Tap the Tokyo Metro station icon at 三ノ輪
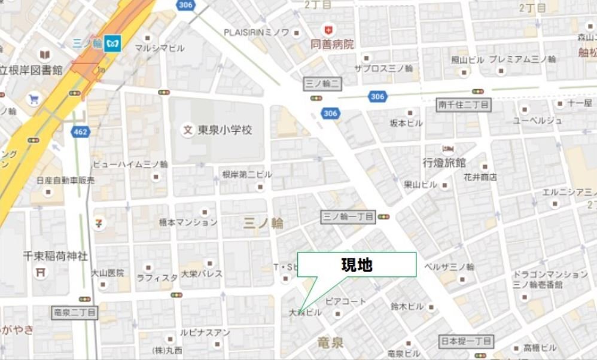tap(112, 43)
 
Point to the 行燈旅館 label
tap(444, 162)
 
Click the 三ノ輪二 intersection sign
tap(323, 84)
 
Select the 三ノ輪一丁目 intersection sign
tap(349, 216)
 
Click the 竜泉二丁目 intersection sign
tap(75, 312)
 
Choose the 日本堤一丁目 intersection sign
tap(467, 341)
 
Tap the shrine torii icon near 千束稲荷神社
tap(41, 272)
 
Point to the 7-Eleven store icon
tap(98, 222)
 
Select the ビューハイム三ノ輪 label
tap(130, 164)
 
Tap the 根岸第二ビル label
tap(247, 174)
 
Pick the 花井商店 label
tap(480, 177)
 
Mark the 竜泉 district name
tap(330, 342)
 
